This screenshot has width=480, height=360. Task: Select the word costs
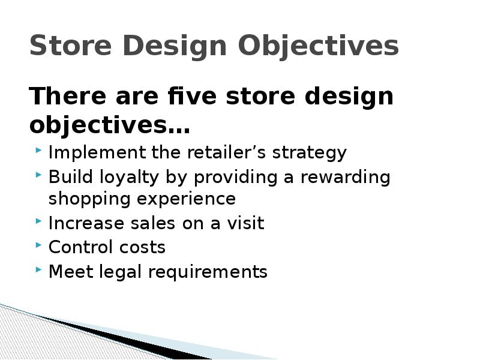pos(143,248)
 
